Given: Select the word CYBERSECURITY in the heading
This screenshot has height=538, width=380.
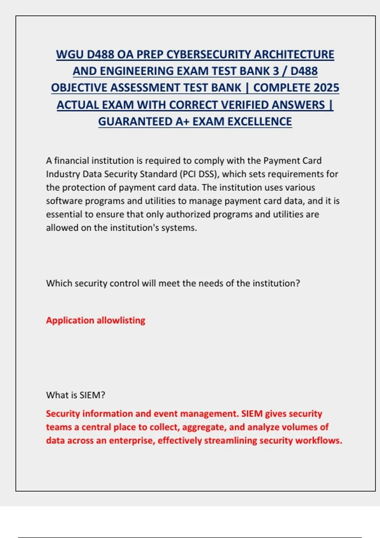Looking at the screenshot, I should pyautogui.click(x=209, y=54).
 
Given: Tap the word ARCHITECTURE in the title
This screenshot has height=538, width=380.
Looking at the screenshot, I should pyautogui.click(x=294, y=54).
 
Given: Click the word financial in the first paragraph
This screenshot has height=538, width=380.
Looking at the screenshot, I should pyautogui.click(x=72, y=161).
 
